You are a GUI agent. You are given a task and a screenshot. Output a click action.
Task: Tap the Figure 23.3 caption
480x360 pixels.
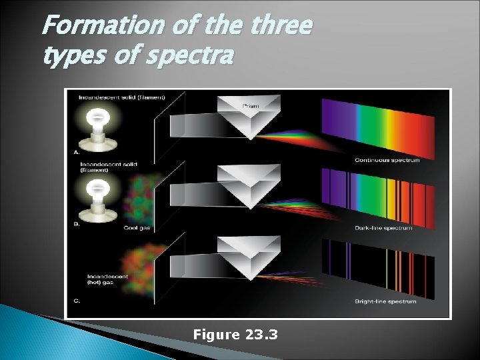tap(235, 334)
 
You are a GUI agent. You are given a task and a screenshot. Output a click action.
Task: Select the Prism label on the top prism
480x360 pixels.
tap(251, 105)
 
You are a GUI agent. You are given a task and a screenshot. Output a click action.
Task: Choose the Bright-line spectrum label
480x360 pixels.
tap(385, 301)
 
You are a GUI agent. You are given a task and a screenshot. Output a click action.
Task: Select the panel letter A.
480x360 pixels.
tap(77, 151)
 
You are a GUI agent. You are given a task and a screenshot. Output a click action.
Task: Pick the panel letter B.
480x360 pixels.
tap(77, 225)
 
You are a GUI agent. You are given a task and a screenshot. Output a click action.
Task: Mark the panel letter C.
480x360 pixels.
tap(77, 301)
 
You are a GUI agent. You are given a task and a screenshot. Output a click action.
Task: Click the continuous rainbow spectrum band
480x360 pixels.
tap(377, 128)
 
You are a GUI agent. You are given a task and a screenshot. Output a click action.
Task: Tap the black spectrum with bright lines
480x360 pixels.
tap(377, 267)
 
